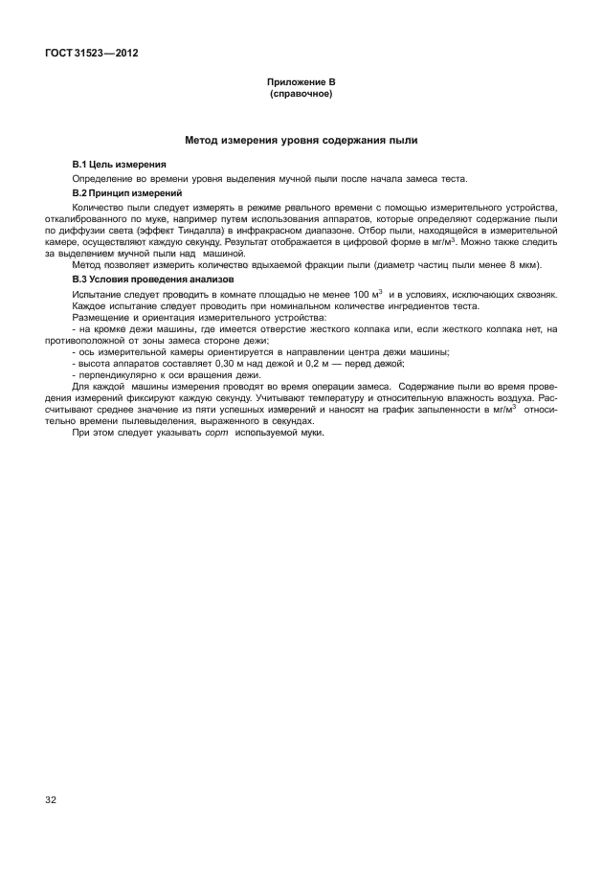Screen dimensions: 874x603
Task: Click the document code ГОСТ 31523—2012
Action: point(91,54)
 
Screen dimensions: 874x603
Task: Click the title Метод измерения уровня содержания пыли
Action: point(301,142)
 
